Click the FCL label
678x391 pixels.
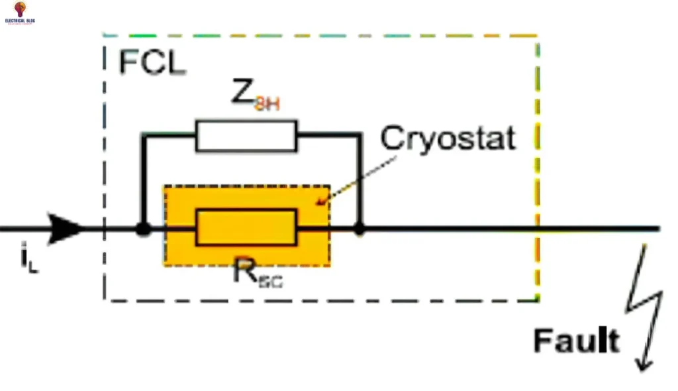click(x=152, y=62)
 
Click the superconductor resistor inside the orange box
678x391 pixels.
click(x=246, y=227)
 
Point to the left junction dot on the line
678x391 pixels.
click(x=142, y=229)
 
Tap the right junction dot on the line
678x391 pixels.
click(x=360, y=229)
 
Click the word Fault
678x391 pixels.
click(x=576, y=341)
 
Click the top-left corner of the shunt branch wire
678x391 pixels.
click(x=142, y=135)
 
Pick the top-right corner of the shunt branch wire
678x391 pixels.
click(x=360, y=135)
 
